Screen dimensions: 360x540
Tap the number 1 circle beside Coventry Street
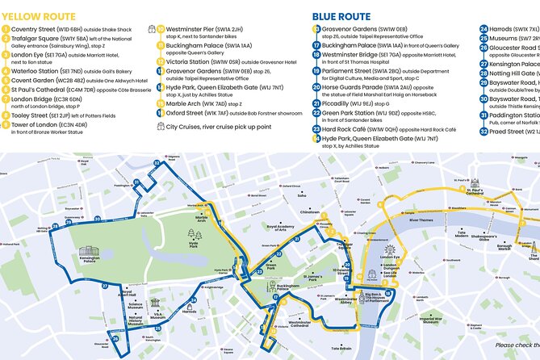[x=6, y=31]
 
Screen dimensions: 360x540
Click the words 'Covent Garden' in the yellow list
[x=36, y=81]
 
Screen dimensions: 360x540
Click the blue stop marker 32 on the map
[x=157, y=164]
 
